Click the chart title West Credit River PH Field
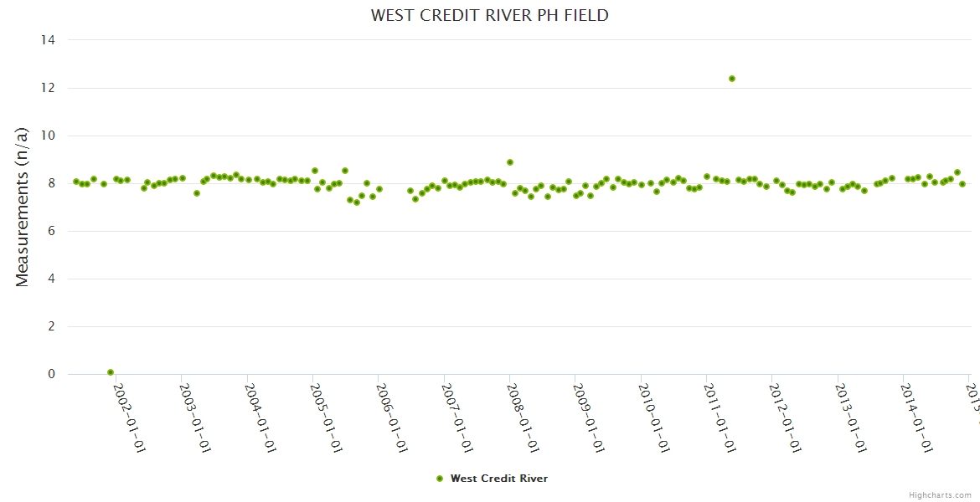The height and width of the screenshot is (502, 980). (489, 15)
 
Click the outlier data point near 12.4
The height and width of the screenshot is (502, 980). (731, 79)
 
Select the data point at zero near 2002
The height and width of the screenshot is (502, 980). (111, 372)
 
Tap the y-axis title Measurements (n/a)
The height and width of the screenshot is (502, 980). (23, 207)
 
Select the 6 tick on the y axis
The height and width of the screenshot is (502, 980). (52, 231)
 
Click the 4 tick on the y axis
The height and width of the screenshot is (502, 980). (52, 279)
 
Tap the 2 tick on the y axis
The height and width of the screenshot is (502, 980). (52, 327)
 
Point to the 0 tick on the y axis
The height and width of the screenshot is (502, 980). (52, 375)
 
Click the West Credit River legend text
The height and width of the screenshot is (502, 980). (499, 479)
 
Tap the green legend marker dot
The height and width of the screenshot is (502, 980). (440, 479)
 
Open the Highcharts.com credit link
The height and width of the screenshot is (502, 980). (940, 495)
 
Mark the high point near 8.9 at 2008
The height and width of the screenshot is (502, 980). (509, 162)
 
